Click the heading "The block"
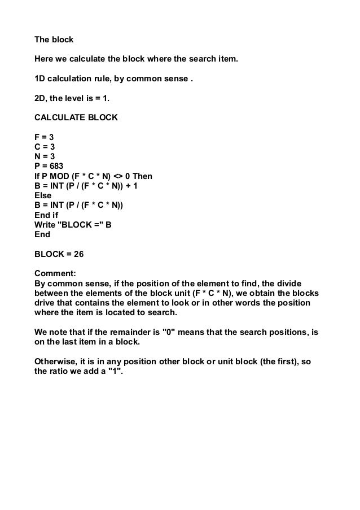54,41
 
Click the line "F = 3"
44,137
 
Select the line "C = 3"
45,146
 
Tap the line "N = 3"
45,156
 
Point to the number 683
59,166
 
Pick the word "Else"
43,195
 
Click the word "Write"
46,224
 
